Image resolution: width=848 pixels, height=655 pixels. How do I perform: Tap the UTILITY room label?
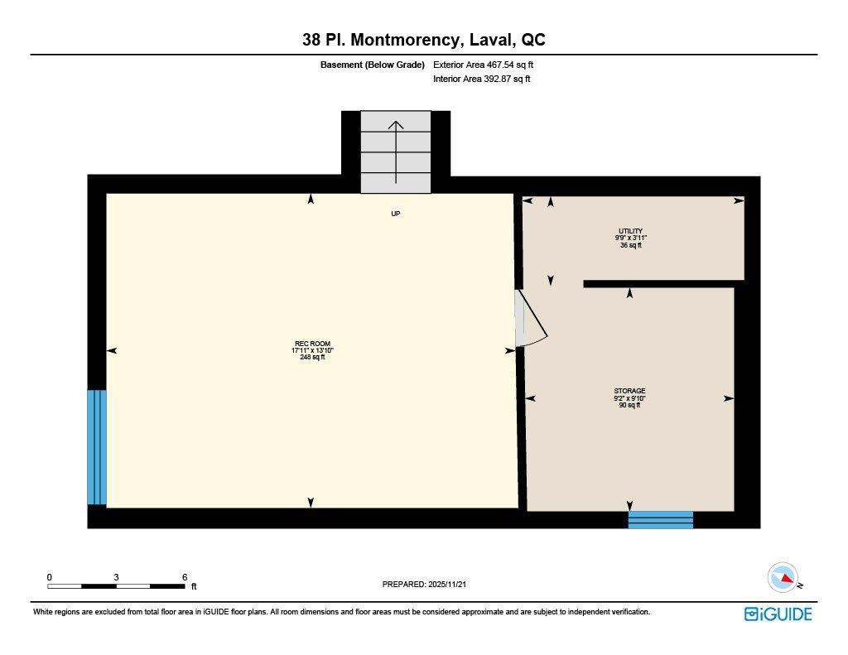630,231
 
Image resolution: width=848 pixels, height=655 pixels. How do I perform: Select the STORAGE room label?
629,391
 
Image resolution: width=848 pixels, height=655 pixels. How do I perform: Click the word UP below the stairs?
396,214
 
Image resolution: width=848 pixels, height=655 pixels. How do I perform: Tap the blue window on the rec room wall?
97,447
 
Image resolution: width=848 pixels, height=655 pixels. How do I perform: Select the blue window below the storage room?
660,519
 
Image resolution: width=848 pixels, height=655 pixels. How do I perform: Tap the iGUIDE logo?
778,614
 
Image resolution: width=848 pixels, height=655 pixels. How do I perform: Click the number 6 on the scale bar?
185,577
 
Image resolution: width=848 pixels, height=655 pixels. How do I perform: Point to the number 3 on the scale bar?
117,577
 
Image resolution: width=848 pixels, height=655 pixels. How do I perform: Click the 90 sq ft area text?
629,405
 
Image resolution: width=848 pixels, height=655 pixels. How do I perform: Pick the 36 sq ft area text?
630,245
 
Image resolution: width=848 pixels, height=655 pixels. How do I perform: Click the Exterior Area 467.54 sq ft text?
489,65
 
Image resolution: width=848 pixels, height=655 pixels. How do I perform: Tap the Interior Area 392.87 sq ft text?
481,79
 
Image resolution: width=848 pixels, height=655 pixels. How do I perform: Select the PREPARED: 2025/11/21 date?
430,585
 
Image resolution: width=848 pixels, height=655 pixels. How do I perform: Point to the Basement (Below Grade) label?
372,65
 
